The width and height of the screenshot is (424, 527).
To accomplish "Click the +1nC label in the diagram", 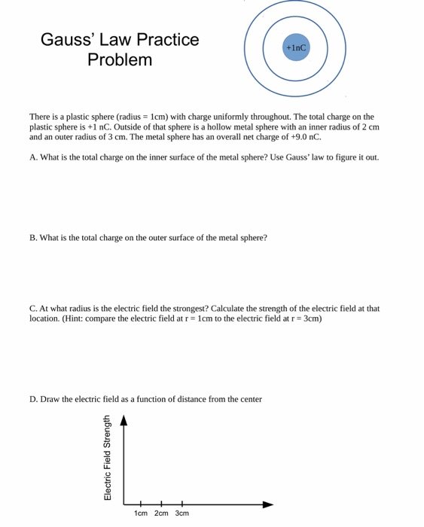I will (296, 47).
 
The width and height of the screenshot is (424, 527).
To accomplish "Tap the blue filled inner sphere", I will (296, 56).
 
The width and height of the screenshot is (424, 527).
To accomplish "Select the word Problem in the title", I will (120, 60).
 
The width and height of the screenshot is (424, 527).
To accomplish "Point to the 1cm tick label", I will (141, 513).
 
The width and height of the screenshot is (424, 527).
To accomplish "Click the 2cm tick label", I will (161, 513).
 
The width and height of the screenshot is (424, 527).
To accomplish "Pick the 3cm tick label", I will (182, 513).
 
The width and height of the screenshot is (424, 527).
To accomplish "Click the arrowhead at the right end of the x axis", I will (267, 504).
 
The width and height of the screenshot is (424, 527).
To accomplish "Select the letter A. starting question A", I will (34, 157).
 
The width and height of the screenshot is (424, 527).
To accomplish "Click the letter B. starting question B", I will (34, 238).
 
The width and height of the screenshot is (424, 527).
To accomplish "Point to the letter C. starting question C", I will (34, 309).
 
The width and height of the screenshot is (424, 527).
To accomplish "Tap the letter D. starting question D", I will (34, 399).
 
